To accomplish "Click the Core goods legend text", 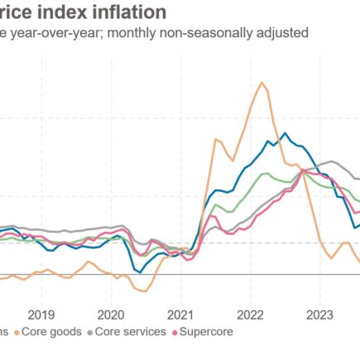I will [52, 332].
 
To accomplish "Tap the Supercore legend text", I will [207, 332].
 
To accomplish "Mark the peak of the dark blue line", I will [285, 132].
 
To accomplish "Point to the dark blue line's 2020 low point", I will [140, 271].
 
